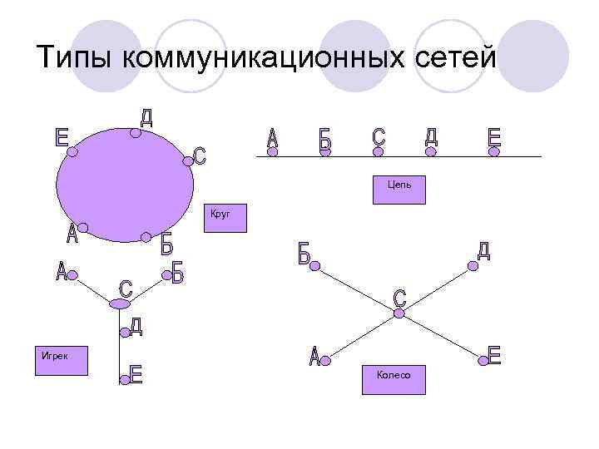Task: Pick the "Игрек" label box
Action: (x=59, y=363)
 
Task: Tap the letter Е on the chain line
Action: (x=495, y=139)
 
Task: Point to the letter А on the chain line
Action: (x=272, y=139)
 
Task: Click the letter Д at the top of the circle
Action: (x=146, y=117)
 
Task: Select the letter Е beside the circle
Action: (x=62, y=137)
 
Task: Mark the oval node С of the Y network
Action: (x=120, y=304)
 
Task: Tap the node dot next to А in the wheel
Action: (x=326, y=360)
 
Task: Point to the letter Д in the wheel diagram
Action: (x=483, y=250)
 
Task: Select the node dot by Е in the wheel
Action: (x=482, y=360)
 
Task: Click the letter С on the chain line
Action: (x=379, y=139)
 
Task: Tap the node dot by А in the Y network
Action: (x=72, y=273)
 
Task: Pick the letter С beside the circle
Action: (x=200, y=155)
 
